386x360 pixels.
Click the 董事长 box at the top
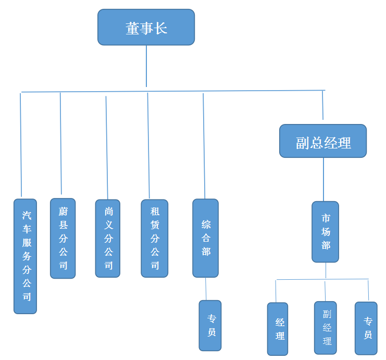(146, 27)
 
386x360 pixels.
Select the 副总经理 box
(323, 141)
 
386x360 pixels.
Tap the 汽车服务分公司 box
(26, 256)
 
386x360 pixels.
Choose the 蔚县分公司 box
(63, 238)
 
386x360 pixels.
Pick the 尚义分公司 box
(108, 238)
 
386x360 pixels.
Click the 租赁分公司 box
(154, 238)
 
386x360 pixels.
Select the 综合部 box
(205, 238)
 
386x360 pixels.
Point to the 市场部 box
(325, 231)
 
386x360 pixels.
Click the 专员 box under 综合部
(210, 325)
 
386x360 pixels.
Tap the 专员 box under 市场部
(366, 328)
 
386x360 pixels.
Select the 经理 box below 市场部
(277, 328)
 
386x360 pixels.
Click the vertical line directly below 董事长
(146, 66)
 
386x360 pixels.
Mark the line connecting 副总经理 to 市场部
(323, 179)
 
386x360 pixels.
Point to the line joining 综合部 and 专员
(206, 289)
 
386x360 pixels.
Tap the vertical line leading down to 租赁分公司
(148, 146)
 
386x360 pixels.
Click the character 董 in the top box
(132, 28)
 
